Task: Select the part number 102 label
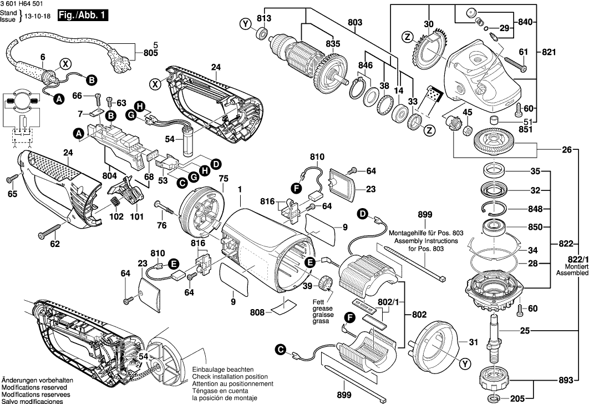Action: [116, 218]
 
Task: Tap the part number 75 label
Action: [224, 179]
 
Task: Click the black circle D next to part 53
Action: [216, 164]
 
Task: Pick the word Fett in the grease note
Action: [320, 302]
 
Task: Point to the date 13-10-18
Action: [41, 18]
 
